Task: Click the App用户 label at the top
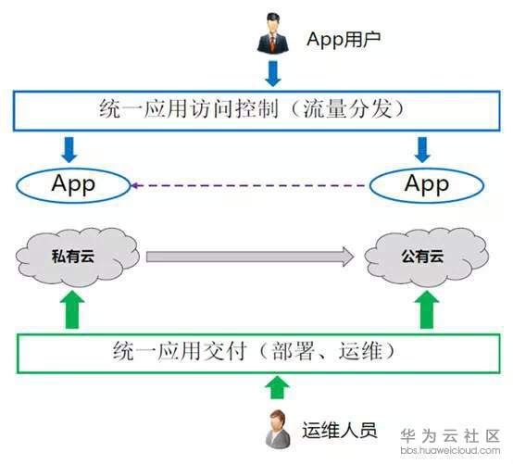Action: (x=344, y=40)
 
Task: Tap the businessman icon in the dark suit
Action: (x=272, y=32)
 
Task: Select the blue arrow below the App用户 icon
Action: (x=273, y=73)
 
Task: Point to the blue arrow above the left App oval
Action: (x=69, y=149)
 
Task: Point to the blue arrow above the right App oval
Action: (x=422, y=149)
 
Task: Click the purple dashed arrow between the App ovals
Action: (x=248, y=185)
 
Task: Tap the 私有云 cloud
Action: (x=78, y=257)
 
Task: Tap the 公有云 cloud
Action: (x=426, y=257)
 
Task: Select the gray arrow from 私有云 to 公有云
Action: (x=250, y=257)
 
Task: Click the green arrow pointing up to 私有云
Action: (x=72, y=309)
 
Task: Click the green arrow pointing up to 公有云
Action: (x=427, y=309)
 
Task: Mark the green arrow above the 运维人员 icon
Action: (x=277, y=387)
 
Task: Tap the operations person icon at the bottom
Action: (x=278, y=429)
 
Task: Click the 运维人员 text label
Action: (x=339, y=431)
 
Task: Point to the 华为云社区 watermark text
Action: (x=450, y=436)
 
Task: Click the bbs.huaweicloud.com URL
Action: (x=450, y=450)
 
